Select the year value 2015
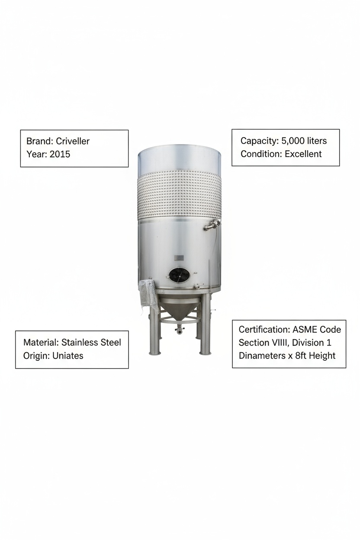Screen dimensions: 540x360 (x=60, y=154)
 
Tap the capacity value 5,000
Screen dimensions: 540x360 (x=292, y=141)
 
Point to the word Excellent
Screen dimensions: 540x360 (x=303, y=154)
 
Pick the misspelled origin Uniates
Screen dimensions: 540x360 (x=66, y=356)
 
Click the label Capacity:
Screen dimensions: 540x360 (x=259, y=141)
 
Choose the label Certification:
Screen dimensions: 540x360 (x=264, y=330)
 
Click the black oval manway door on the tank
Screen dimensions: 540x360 (x=179, y=275)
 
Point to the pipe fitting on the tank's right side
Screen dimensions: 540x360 (x=212, y=224)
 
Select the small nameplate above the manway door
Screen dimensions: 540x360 (x=179, y=258)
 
